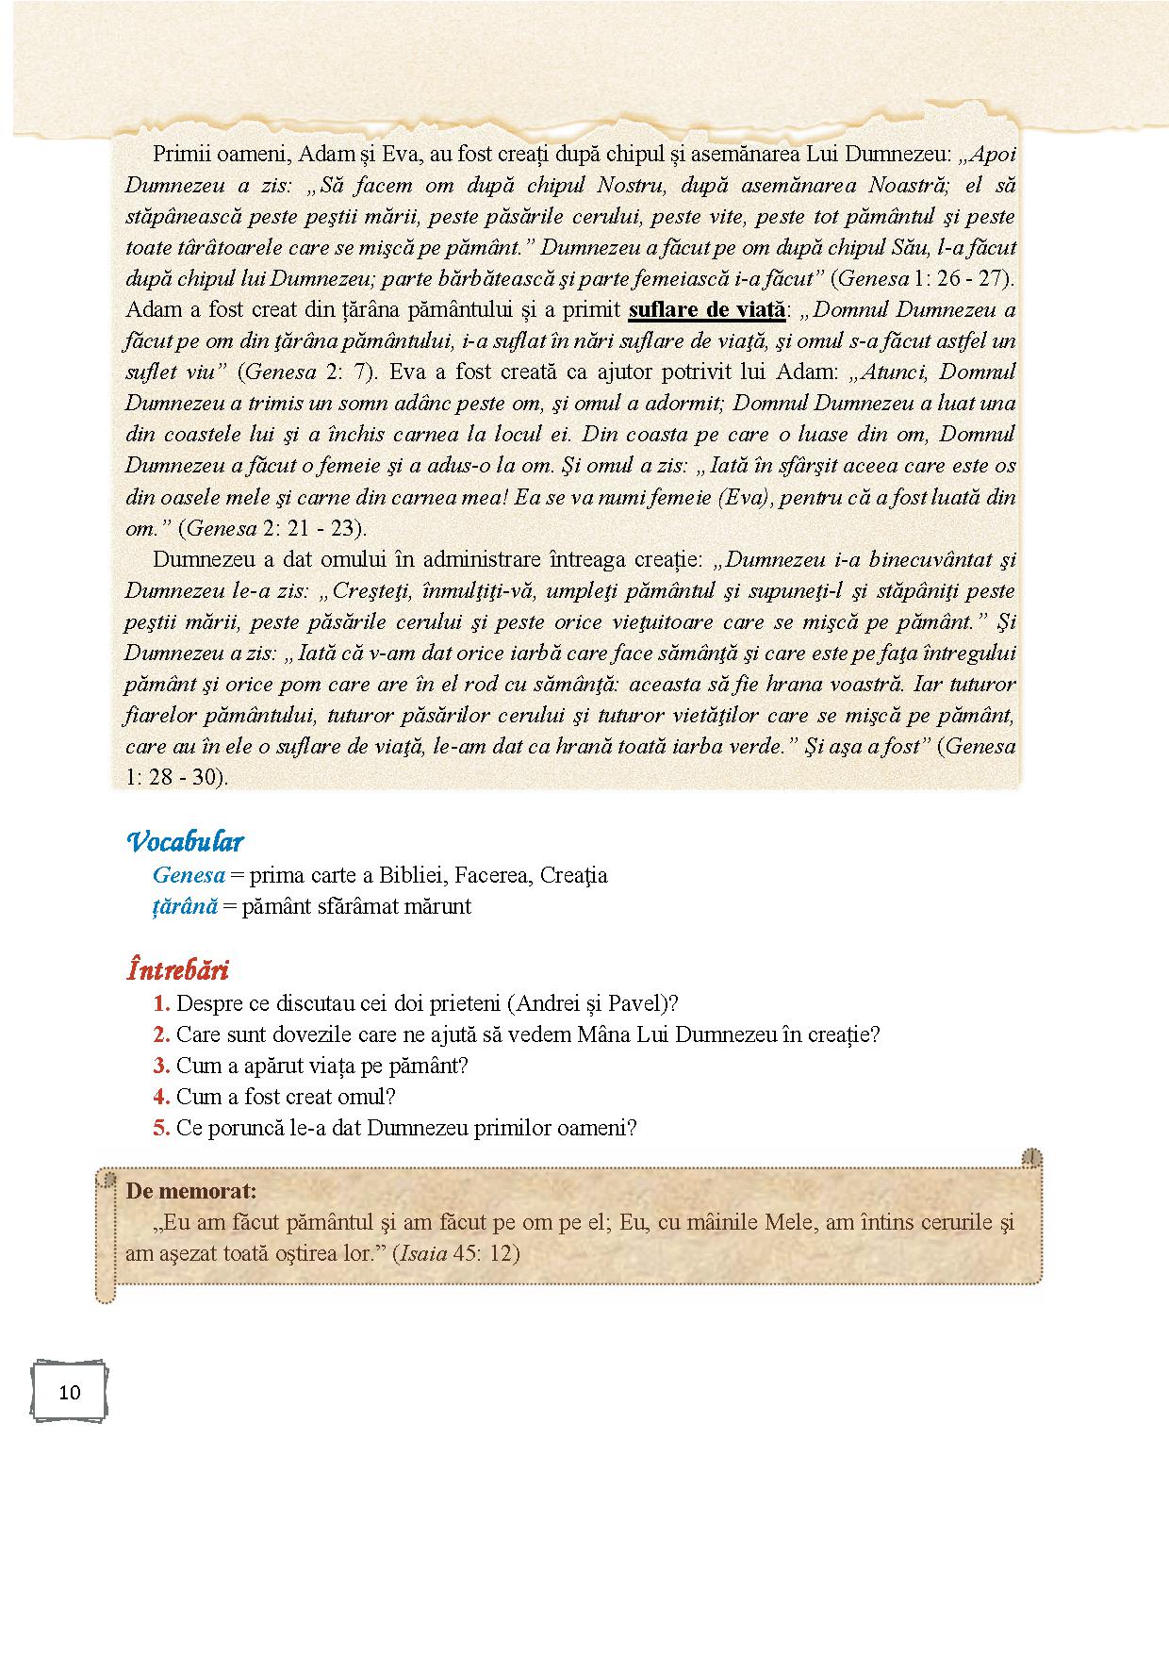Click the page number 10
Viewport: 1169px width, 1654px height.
pyautogui.click(x=70, y=1392)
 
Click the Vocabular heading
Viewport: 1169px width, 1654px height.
pyautogui.click(x=185, y=840)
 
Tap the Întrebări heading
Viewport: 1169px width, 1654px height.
pyautogui.click(x=177, y=969)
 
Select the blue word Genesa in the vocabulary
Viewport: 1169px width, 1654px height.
pyautogui.click(x=189, y=875)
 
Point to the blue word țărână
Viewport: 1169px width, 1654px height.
pyautogui.click(x=185, y=906)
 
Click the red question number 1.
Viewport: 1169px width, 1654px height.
pyautogui.click(x=161, y=1003)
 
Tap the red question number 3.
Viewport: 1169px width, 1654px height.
pyautogui.click(x=161, y=1066)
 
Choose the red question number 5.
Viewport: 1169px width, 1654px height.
pyautogui.click(x=161, y=1128)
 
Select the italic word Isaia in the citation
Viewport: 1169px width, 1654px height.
pyautogui.click(x=422, y=1253)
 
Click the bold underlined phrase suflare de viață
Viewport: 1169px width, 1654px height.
pyautogui.click(x=706, y=309)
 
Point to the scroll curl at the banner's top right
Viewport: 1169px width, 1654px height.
pyautogui.click(x=1033, y=1157)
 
